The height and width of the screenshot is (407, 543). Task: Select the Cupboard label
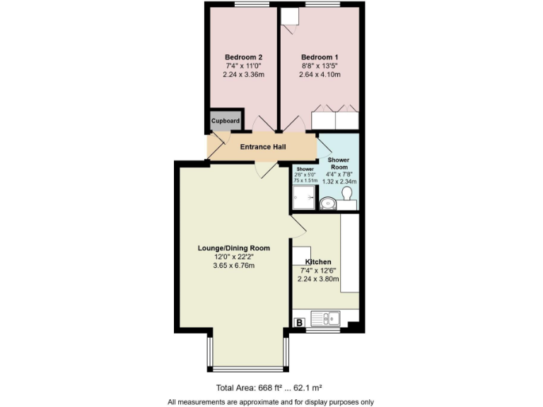coord(225,121)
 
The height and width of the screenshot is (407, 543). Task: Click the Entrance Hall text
coord(263,147)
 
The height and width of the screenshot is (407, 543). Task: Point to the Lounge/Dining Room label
coord(233,248)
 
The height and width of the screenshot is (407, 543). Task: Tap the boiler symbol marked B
coord(299,323)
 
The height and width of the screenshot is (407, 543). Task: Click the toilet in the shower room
coord(346,202)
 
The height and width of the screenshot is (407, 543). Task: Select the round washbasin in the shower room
coord(327,204)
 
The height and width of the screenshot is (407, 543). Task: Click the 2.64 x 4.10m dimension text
coord(320,74)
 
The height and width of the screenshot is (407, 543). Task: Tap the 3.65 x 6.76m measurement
coord(233,266)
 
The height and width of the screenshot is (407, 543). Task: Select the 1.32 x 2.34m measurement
coord(339,182)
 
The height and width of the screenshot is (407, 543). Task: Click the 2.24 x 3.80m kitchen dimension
coord(320,278)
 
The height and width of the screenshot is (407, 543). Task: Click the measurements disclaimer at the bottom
coord(271,402)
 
